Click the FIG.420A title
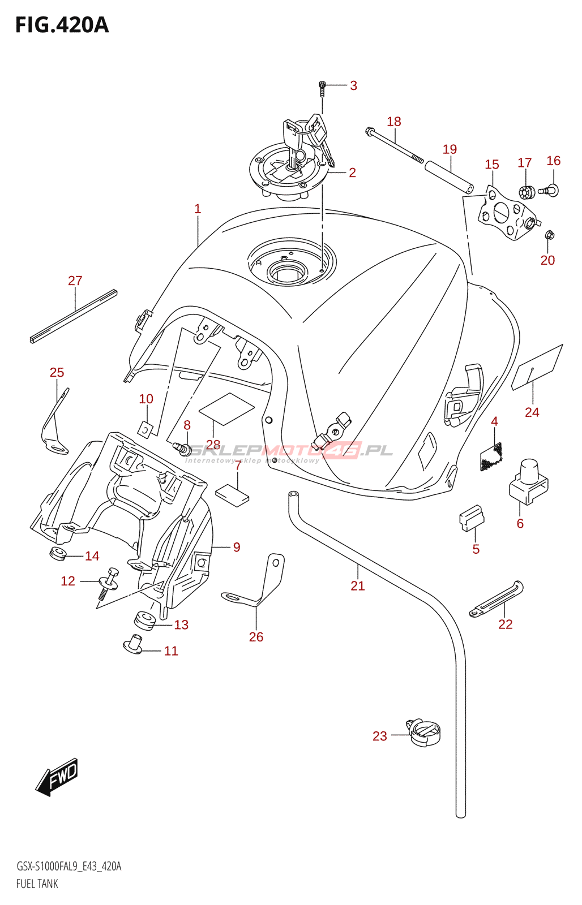(x=62, y=25)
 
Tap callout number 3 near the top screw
(x=353, y=86)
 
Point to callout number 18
(x=394, y=122)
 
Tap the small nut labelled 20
(x=549, y=235)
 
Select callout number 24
(x=532, y=412)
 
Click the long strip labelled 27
(x=73, y=316)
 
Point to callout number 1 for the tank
(x=198, y=209)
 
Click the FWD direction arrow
(x=57, y=777)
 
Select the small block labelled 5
(x=471, y=518)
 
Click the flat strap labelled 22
(x=497, y=598)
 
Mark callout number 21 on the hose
(x=358, y=586)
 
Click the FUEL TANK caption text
(x=37, y=884)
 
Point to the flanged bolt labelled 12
(x=109, y=583)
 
